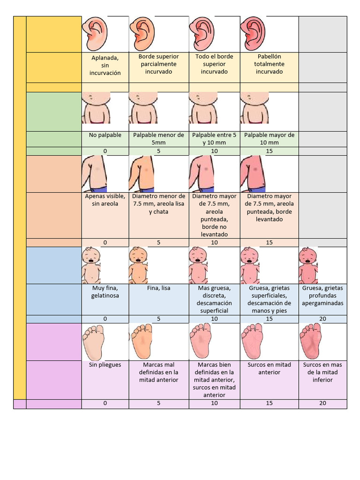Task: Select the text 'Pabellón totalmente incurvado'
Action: click(x=269, y=64)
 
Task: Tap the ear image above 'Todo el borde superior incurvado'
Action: click(x=202, y=34)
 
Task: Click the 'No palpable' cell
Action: click(x=105, y=135)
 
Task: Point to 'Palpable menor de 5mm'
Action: click(x=158, y=139)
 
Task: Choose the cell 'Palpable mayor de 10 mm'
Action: click(x=269, y=139)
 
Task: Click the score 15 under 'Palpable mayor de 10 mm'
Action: click(x=269, y=151)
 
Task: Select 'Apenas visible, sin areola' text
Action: click(x=105, y=200)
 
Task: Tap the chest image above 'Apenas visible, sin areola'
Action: click(x=95, y=173)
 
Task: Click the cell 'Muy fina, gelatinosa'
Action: click(x=105, y=292)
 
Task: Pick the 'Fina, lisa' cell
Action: click(x=158, y=288)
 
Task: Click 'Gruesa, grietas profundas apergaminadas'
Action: click(x=322, y=296)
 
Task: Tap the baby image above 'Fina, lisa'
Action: click(x=138, y=265)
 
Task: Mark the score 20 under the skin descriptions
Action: click(x=322, y=319)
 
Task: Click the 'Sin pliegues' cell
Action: click(x=105, y=365)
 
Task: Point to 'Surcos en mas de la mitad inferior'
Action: click(x=322, y=372)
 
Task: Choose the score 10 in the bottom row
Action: click(x=214, y=403)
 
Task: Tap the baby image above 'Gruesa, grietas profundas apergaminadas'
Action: click(x=307, y=265)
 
